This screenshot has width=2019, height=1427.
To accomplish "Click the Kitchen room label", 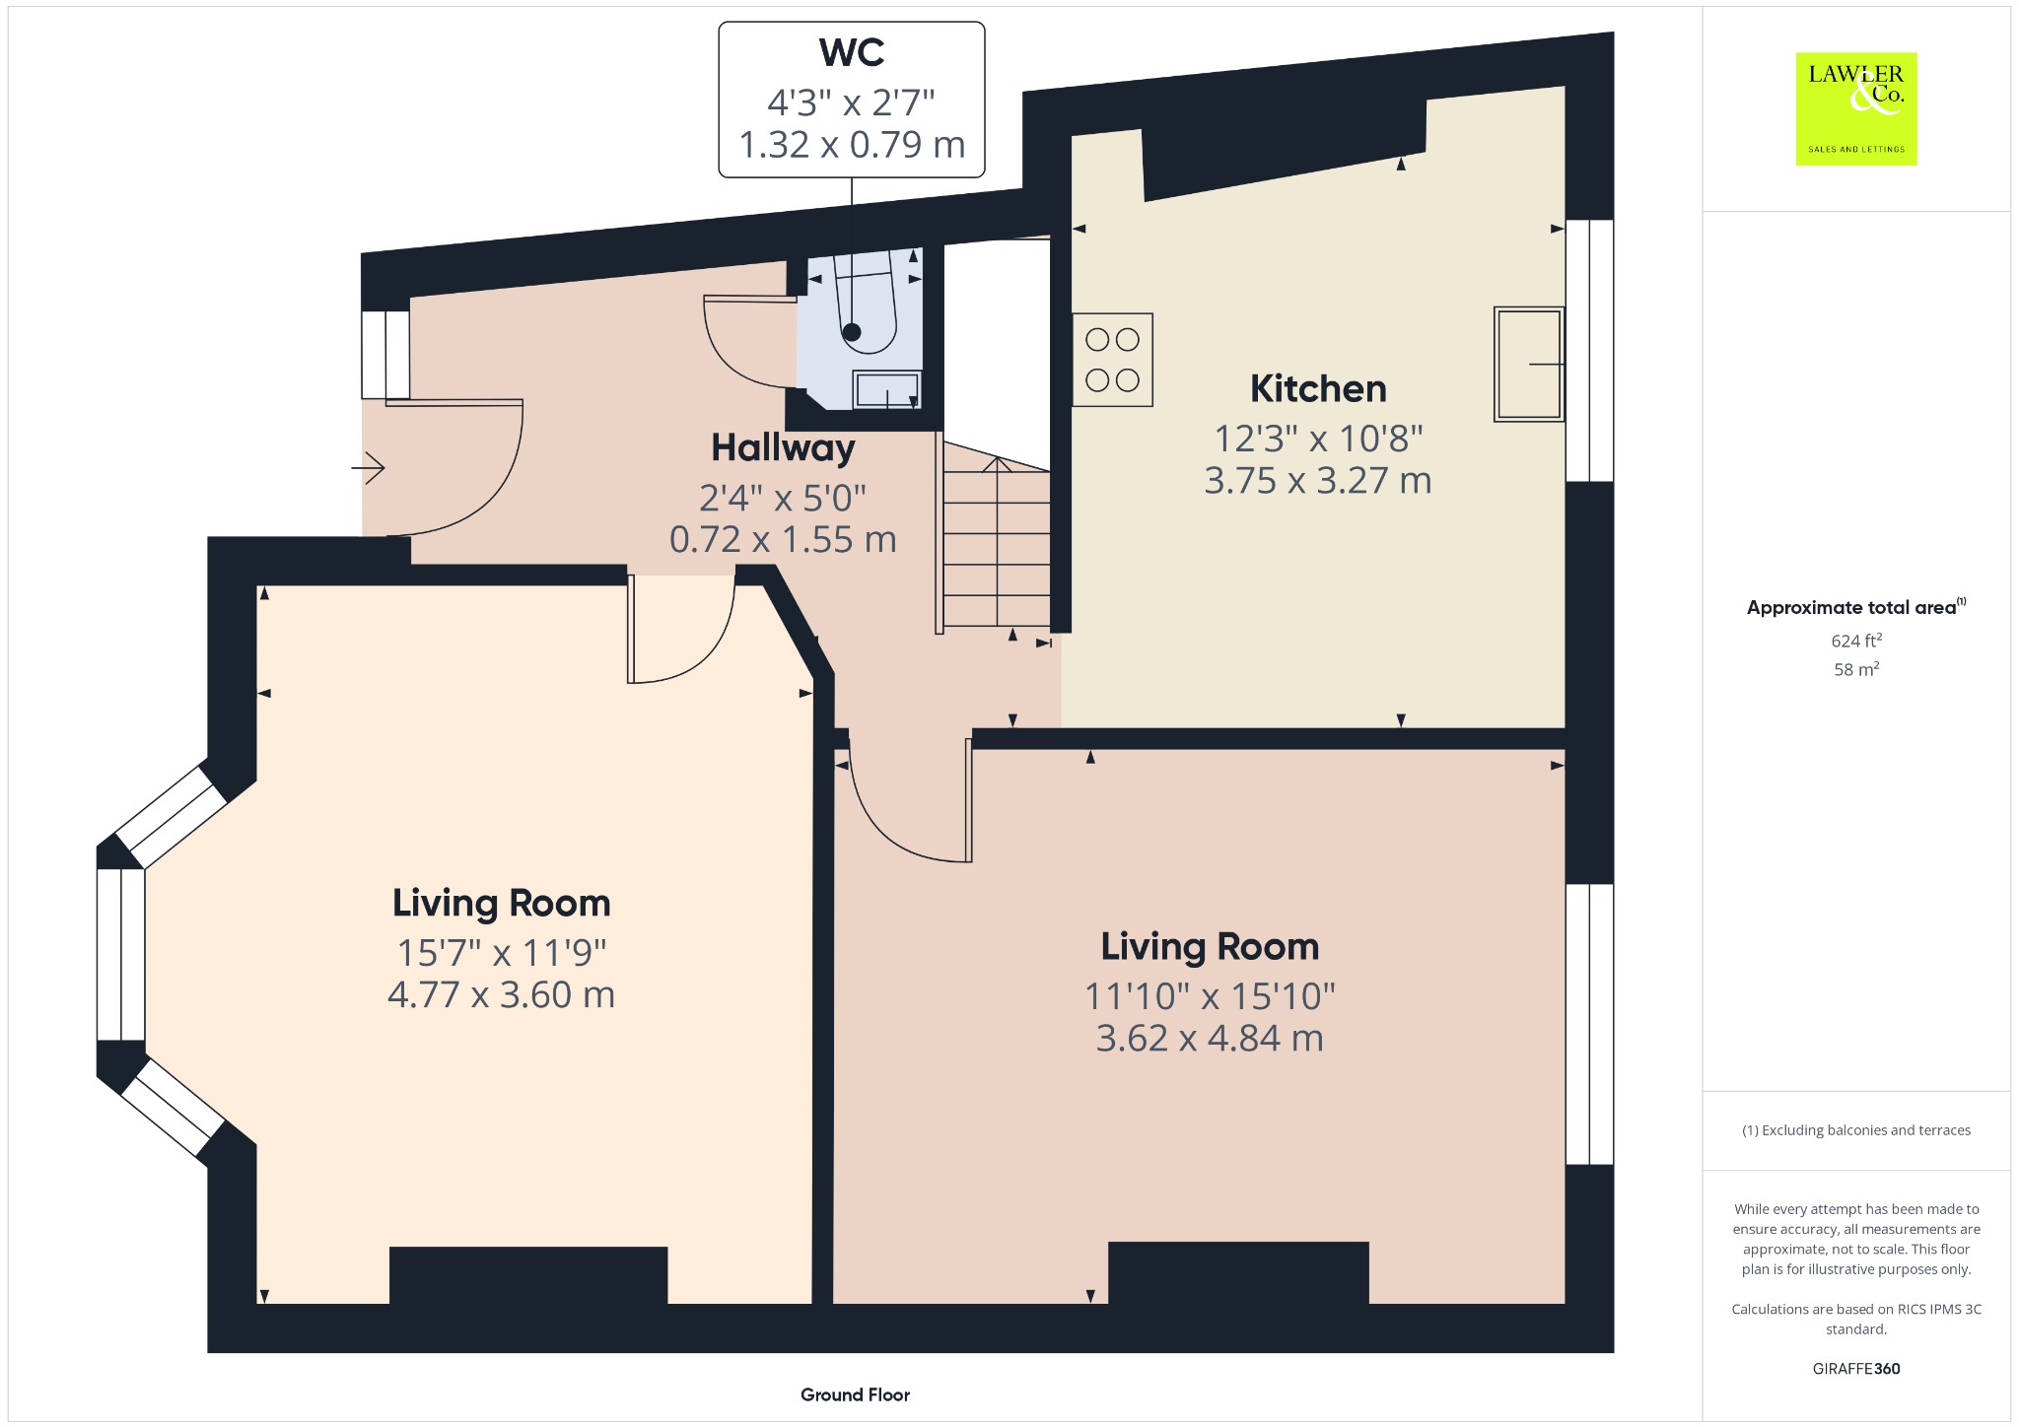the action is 1318,388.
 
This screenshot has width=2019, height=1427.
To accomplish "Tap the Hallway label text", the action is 783,448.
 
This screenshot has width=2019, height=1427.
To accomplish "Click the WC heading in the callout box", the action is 852,52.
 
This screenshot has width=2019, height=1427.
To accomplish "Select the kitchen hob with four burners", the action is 1112,360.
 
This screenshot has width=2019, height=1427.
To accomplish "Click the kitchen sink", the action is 1528,364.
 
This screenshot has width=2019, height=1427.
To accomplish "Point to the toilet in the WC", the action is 866,302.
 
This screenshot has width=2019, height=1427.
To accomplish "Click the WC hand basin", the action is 887,390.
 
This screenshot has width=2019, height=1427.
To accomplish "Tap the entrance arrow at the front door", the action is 368,467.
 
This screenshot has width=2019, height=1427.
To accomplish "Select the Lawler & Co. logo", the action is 1856,108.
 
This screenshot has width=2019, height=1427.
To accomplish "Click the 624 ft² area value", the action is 1856,641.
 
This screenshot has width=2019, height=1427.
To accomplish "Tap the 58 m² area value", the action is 1856,669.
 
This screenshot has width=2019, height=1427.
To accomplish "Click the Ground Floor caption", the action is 855,1394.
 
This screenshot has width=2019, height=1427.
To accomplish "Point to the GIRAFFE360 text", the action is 1856,1368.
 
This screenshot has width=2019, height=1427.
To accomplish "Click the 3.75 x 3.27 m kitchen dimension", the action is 1318,481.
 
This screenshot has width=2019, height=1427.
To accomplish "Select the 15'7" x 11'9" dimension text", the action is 501,953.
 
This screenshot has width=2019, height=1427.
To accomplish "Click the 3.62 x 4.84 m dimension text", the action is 1210,1038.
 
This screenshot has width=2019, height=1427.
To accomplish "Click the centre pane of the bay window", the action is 121,954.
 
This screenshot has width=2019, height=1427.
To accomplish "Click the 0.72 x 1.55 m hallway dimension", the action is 783,540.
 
